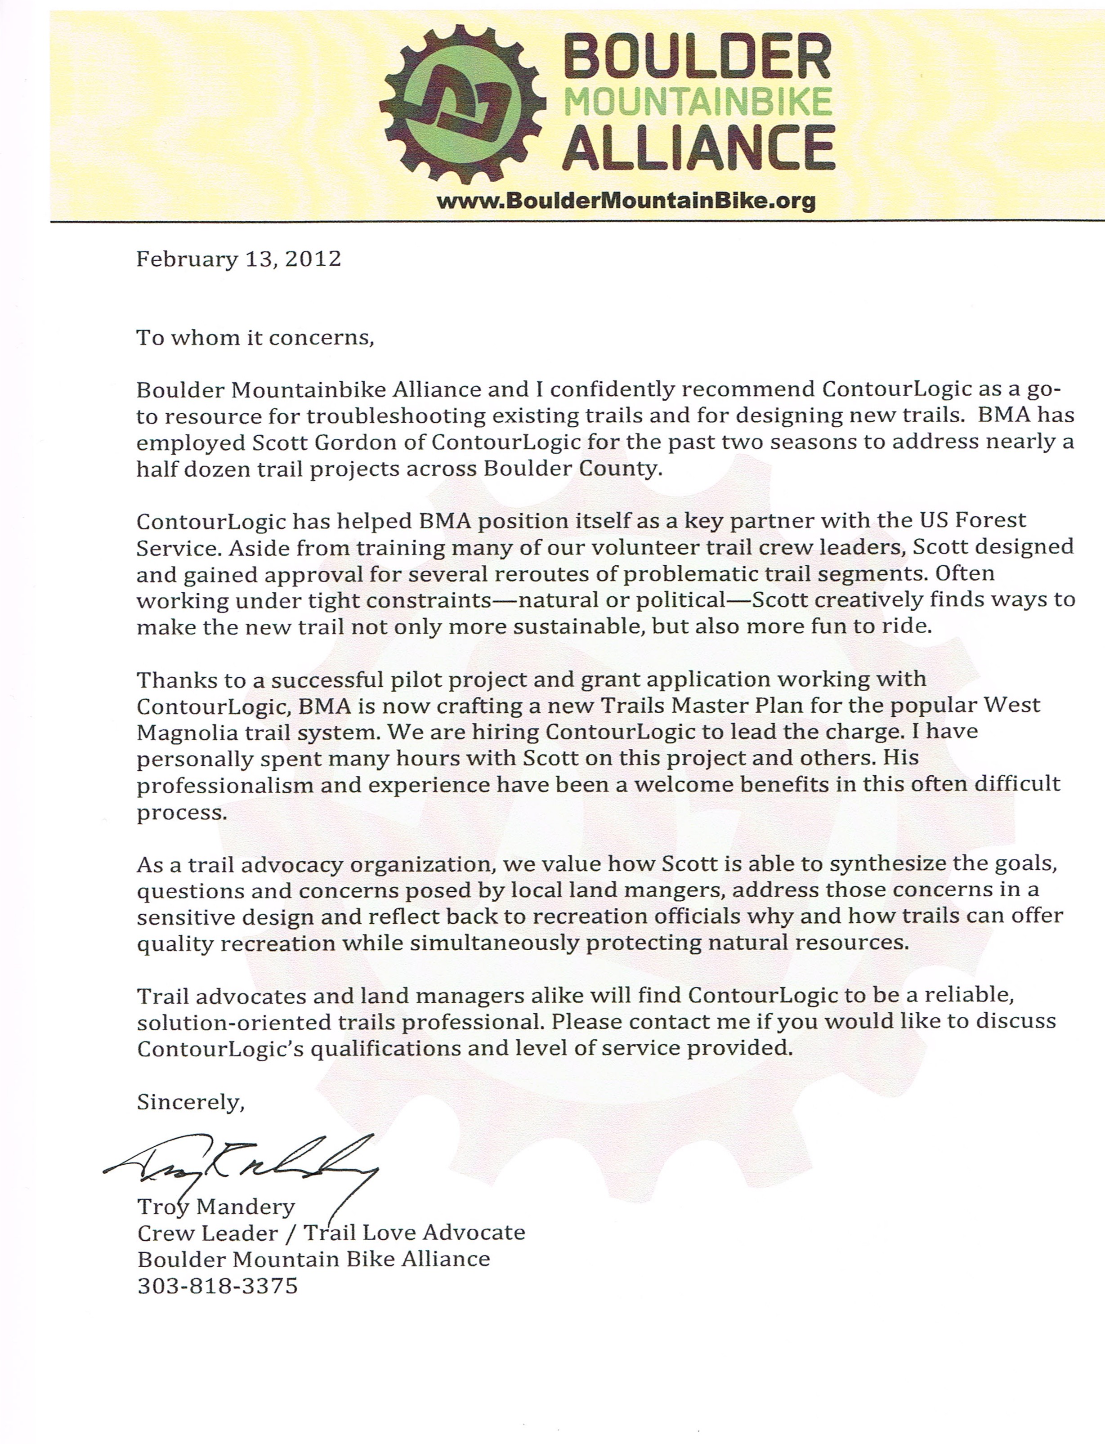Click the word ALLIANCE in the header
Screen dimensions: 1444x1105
tap(698, 148)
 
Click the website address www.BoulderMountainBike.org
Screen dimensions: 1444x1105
tap(626, 201)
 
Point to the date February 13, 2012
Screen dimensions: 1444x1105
tap(239, 259)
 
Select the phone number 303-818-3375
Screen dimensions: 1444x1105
tap(218, 1286)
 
